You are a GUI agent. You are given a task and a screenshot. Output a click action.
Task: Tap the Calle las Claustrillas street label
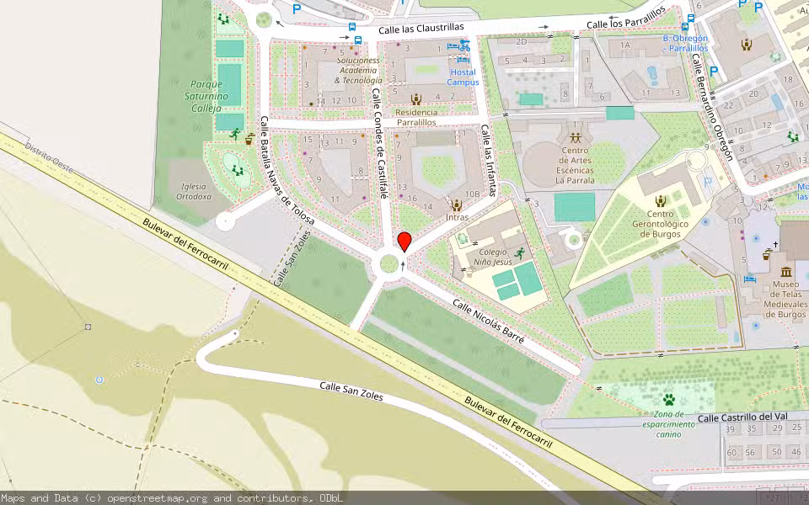(421, 29)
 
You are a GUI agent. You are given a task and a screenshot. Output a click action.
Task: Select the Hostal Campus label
(463, 77)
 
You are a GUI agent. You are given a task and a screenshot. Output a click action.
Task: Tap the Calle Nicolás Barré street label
(488, 322)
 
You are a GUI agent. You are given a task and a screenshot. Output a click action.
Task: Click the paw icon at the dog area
(668, 399)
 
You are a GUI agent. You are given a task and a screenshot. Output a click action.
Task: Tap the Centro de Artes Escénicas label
(576, 165)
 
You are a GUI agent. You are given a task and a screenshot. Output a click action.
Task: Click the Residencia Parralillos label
(416, 117)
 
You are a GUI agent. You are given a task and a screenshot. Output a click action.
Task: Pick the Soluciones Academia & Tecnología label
(359, 70)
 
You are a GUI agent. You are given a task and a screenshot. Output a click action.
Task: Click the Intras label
(457, 217)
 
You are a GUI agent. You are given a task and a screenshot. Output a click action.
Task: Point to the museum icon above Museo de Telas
(786, 272)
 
